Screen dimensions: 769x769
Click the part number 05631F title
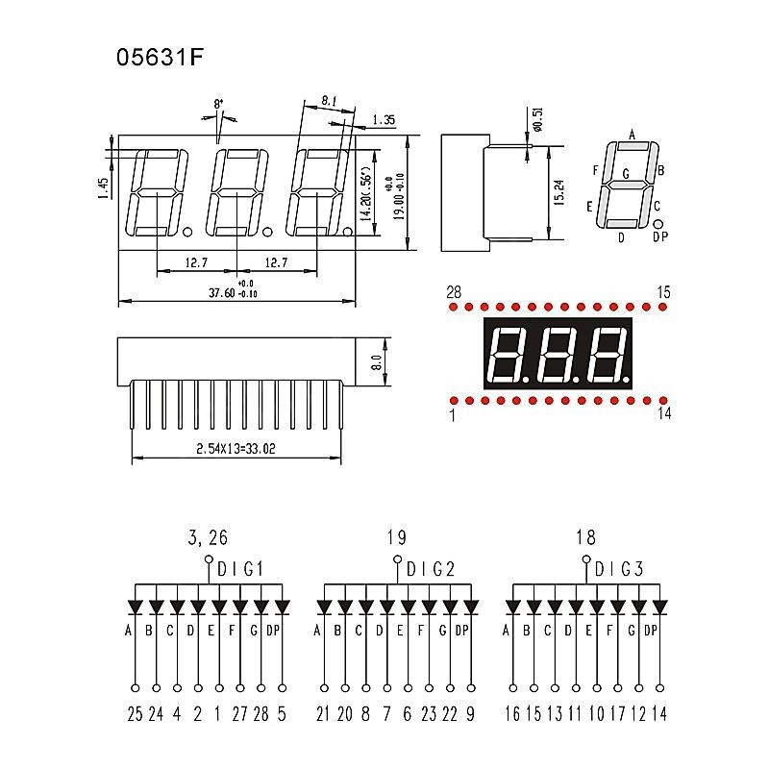160,57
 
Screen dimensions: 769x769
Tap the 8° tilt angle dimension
219,104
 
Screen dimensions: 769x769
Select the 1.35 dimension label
384,119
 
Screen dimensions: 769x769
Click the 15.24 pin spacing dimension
558,192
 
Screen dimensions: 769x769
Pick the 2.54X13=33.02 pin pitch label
236,448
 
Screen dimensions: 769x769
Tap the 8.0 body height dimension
377,363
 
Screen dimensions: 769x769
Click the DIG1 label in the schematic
240,569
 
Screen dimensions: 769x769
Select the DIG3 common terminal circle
586,559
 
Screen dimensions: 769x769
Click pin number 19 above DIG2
396,537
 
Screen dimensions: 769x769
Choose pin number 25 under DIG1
135,714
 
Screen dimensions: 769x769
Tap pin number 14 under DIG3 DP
659,714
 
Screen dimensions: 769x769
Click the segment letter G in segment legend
626,174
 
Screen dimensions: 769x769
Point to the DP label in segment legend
660,236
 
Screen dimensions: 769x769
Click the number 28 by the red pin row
454,292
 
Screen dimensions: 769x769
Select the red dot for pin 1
454,401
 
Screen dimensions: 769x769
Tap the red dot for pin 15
663,307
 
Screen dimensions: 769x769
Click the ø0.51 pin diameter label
537,119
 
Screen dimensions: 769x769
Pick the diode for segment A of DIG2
324,608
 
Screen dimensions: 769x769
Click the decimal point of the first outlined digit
187,231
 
